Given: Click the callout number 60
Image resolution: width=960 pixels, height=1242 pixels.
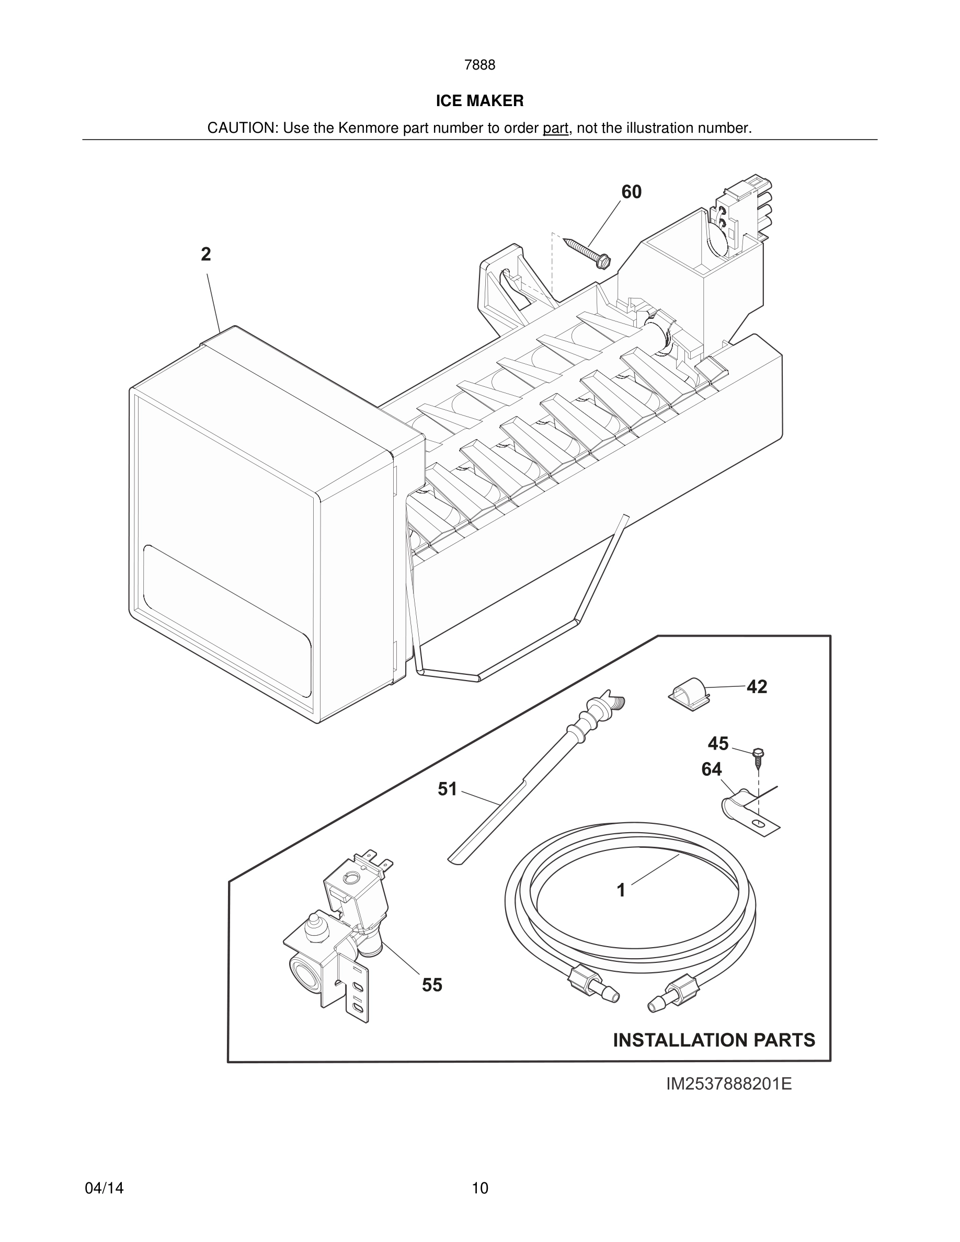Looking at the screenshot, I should pos(631,192).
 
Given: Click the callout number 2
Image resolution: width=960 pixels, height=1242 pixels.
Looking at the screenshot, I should pos(206,254).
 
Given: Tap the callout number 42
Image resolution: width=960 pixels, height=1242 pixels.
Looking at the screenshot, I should pos(757,687).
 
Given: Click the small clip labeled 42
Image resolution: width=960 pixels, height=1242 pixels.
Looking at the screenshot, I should pos(688,694).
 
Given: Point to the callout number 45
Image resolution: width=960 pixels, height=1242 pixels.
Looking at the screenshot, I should pos(718,743).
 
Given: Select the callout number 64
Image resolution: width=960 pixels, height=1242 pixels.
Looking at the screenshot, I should pos(711,769).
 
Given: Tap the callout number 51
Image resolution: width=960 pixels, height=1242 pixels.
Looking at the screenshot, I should pos(447,789).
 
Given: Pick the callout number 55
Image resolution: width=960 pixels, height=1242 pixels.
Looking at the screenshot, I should pos(432,985).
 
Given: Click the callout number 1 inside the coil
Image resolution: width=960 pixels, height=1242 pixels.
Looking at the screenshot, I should pos(621,890).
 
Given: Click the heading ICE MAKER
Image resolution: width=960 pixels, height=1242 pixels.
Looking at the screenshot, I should pos(479,101).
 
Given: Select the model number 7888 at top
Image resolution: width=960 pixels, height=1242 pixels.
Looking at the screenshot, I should pos(479,65).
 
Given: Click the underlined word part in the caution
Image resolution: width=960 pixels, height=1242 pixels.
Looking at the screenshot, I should pos(555,129).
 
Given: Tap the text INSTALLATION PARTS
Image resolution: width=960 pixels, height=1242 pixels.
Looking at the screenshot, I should pos(714,1040).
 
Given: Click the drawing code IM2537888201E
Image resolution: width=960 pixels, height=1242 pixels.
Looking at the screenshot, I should pos(728,1084).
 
